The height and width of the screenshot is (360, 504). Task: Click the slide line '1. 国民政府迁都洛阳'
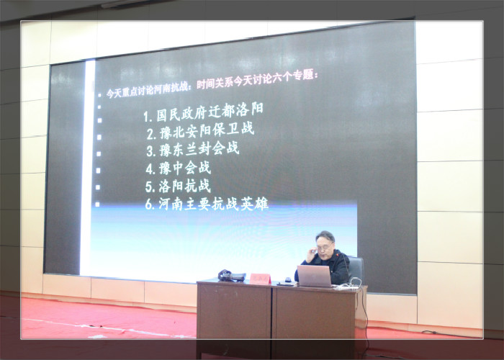pos(203,112)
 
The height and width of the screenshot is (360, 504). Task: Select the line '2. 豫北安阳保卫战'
pos(201,131)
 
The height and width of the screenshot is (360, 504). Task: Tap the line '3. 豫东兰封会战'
pos(193,149)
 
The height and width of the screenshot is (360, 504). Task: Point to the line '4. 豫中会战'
pos(179,168)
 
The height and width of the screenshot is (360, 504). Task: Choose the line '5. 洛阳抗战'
pos(178,186)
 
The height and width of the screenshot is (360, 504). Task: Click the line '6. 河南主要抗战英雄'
pos(207,204)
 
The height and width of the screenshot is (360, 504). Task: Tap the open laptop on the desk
pos(315,276)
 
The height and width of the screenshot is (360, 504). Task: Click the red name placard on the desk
pos(260,279)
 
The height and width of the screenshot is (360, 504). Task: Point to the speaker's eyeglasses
pos(324,247)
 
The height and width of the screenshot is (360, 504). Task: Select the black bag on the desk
pos(231,276)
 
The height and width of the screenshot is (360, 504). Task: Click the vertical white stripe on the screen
pos(87,167)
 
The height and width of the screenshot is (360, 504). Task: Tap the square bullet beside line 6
pos(97,204)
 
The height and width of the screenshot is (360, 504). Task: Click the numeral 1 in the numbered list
pos(146,117)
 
